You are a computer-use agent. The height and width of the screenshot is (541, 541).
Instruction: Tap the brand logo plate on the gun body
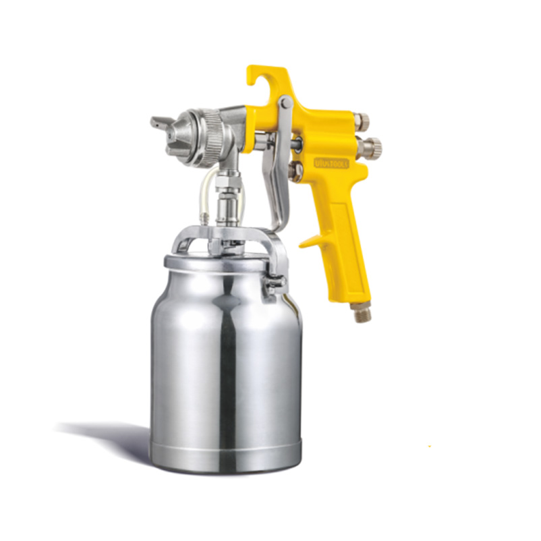click(x=332, y=163)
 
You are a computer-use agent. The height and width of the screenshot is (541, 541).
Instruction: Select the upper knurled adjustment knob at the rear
click(x=362, y=121)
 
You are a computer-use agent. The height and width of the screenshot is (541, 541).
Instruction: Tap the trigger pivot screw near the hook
click(x=286, y=103)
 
